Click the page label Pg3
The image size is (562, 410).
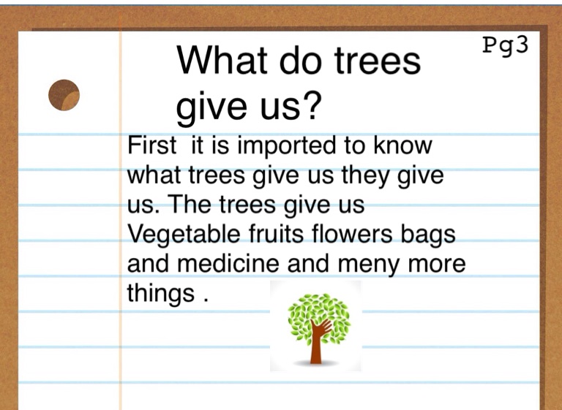coord(506,45)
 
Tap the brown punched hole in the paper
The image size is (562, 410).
coord(64,95)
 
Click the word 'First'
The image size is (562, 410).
coord(151,145)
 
